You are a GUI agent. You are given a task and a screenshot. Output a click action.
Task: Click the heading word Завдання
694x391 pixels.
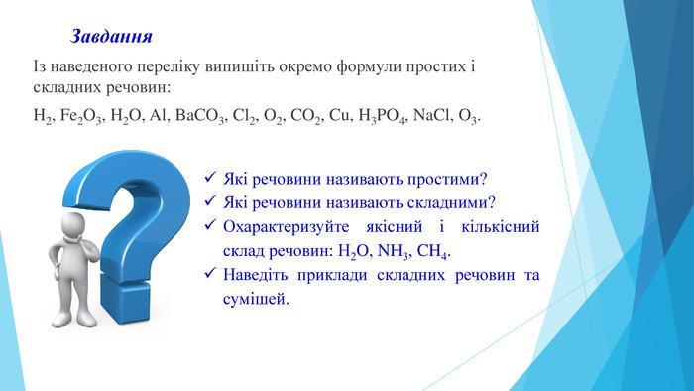(x=111, y=37)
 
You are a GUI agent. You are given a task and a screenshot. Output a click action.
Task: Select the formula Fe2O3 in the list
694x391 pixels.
(x=81, y=116)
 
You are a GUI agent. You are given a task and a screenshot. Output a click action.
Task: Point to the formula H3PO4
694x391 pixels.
(x=381, y=116)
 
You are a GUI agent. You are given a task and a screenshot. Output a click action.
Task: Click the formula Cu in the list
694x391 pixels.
(x=339, y=115)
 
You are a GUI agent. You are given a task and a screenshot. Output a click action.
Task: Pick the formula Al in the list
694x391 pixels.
(x=158, y=115)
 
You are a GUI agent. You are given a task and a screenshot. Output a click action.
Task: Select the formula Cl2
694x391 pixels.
(x=243, y=116)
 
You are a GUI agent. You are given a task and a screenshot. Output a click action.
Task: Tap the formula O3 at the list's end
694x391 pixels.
(x=468, y=116)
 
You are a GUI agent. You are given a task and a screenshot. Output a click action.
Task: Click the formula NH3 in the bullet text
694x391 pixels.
(x=393, y=251)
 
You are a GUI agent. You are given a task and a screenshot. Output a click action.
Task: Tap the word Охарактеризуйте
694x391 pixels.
(x=286, y=227)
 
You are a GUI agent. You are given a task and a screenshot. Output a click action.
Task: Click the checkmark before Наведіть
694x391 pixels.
(x=210, y=272)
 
